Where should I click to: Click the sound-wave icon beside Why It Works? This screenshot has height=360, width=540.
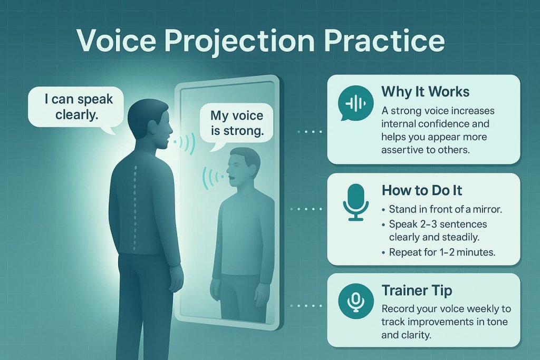pyautogui.click(x=355, y=103)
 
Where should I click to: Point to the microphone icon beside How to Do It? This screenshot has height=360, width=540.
pyautogui.click(x=355, y=202)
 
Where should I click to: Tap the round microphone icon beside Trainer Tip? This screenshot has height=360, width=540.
pyautogui.click(x=355, y=301)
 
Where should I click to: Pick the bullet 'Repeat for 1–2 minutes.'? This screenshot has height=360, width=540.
pyautogui.click(x=442, y=252)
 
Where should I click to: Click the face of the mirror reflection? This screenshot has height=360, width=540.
pyautogui.click(x=242, y=169)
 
